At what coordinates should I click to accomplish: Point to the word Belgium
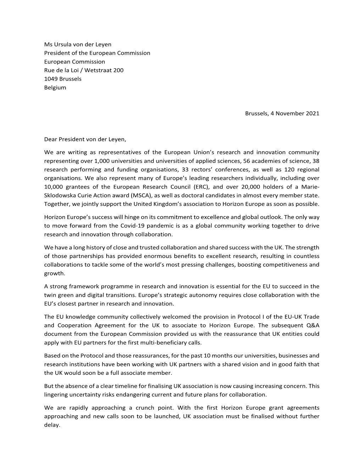55,87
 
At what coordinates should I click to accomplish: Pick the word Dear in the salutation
51,140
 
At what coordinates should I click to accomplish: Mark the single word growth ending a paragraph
54,273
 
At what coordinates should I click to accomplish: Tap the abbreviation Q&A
312,325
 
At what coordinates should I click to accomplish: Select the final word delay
52,425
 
